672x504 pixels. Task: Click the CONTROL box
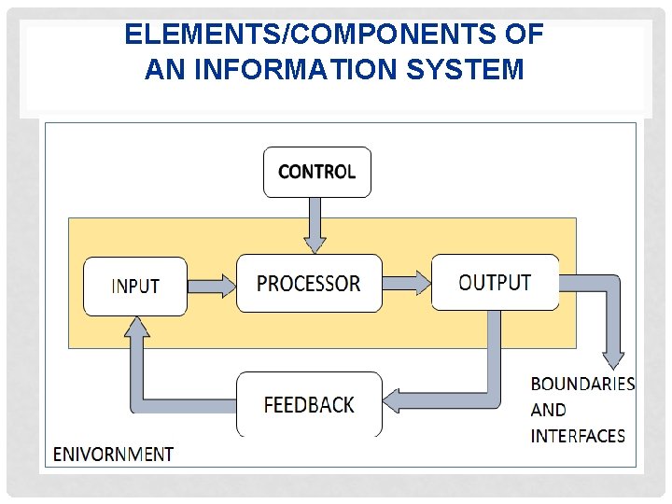[316, 172]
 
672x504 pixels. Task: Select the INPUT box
[135, 286]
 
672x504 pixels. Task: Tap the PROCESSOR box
[309, 284]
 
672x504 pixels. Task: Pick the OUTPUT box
[495, 282]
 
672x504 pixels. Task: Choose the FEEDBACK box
[309, 405]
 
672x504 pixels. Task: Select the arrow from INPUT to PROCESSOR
[211, 285]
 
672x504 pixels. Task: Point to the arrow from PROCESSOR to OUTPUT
[407, 283]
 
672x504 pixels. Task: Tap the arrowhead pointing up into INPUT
[138, 326]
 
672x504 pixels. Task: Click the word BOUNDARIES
[582, 385]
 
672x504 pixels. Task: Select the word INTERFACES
[578, 436]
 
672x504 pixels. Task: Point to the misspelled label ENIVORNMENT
[113, 455]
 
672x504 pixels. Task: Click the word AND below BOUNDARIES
[548, 410]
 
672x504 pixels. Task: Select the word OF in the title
[525, 35]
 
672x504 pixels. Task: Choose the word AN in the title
[163, 69]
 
